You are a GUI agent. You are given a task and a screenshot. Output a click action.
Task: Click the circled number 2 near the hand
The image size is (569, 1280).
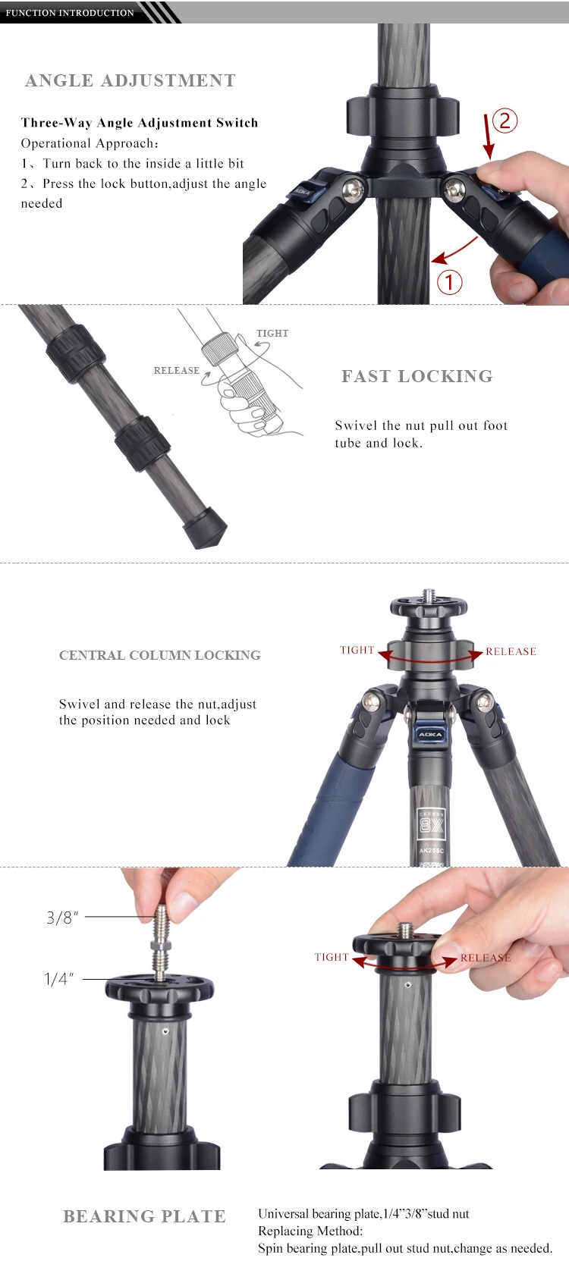pyautogui.click(x=505, y=121)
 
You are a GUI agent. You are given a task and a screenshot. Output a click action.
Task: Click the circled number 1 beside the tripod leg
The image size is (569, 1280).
pyautogui.click(x=449, y=282)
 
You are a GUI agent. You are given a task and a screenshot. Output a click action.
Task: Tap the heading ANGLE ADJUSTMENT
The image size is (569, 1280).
pyautogui.click(x=130, y=81)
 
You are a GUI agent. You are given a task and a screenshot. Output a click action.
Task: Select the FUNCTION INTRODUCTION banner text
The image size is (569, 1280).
pyautogui.click(x=70, y=13)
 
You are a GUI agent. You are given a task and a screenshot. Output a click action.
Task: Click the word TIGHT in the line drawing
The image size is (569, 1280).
pyautogui.click(x=272, y=334)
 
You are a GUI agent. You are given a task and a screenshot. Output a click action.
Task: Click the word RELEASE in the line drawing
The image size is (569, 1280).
pyautogui.click(x=176, y=371)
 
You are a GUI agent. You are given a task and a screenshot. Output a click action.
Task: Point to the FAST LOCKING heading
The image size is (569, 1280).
pyautogui.click(x=417, y=376)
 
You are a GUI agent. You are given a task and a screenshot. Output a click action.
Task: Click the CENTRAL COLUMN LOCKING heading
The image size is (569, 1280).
pyautogui.click(x=160, y=655)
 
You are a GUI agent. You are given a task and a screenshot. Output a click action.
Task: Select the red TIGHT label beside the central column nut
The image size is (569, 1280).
pyautogui.click(x=357, y=650)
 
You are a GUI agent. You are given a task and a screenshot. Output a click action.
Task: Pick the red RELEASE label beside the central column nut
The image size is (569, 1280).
pyautogui.click(x=511, y=651)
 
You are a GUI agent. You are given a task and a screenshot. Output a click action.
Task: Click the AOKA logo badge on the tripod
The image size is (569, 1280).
pyautogui.click(x=430, y=734)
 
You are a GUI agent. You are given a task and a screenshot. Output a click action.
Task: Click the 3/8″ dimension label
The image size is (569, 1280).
pyautogui.click(x=62, y=918)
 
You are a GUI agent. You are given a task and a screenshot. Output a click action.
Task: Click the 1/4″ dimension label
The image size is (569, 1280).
pyautogui.click(x=59, y=979)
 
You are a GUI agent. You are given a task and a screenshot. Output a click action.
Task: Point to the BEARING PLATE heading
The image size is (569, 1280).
pyautogui.click(x=144, y=1216)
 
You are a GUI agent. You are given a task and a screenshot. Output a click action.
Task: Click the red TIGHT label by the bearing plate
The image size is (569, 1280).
pyautogui.click(x=332, y=958)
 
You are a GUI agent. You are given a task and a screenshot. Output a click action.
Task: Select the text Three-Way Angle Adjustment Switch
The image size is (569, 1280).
pyautogui.click(x=140, y=123)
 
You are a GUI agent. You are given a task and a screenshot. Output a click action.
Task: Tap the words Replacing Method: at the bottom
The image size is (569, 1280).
pyautogui.click(x=310, y=1231)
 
